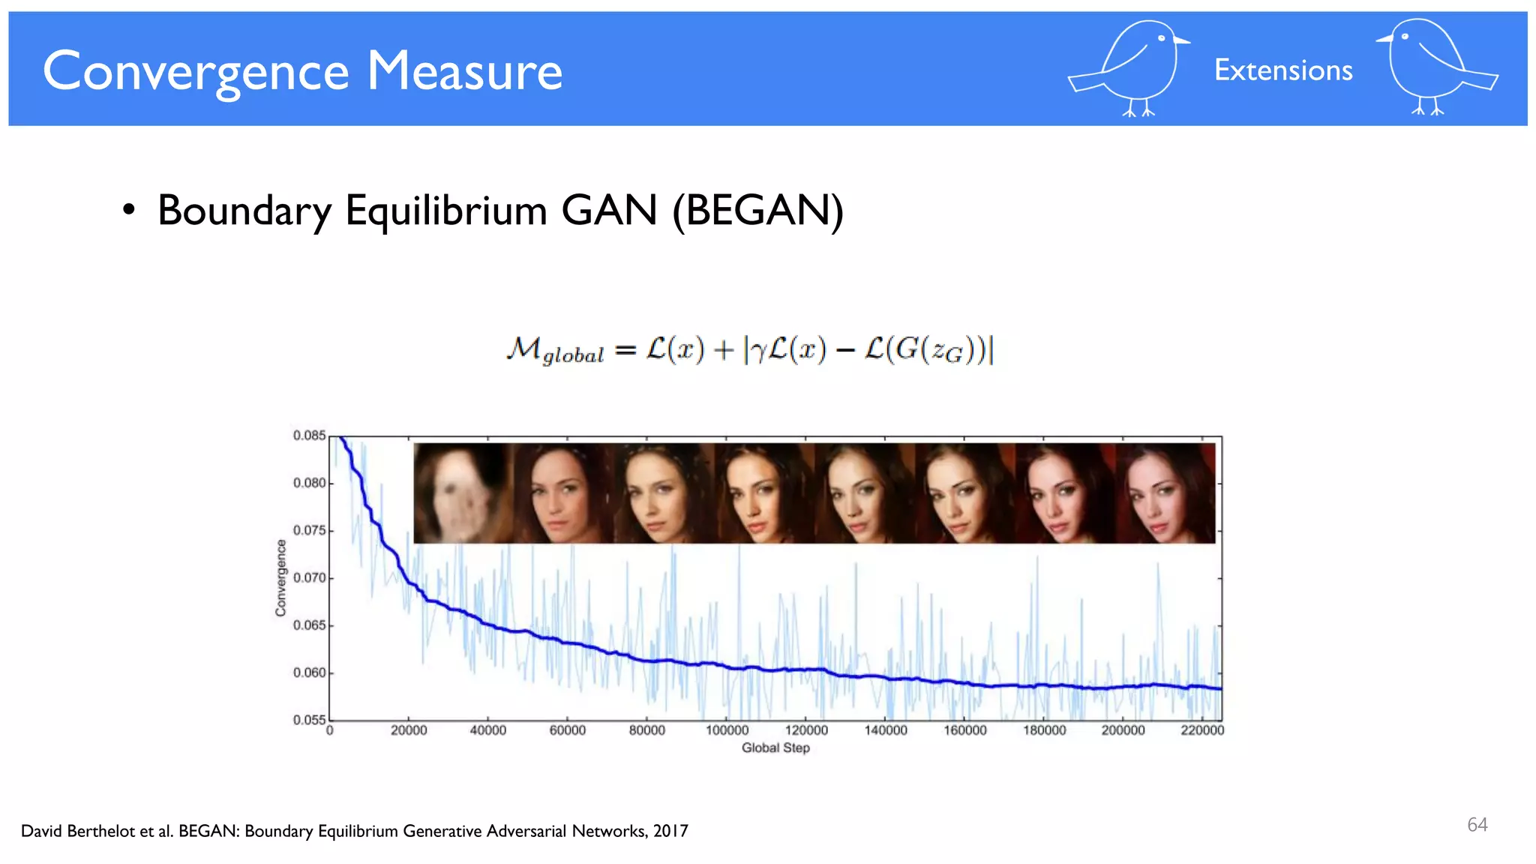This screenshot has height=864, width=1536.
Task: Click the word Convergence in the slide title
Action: (196, 72)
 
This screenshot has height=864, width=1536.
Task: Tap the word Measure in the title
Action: (464, 72)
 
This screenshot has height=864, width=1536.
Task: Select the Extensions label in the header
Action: (1283, 70)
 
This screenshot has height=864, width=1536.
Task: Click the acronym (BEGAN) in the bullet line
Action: (757, 211)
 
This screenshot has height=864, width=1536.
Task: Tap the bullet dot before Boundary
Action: (129, 211)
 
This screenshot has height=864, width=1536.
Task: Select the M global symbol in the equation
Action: (554, 350)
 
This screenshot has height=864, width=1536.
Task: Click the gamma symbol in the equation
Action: (758, 350)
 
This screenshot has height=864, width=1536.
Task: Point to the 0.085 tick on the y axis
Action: (309, 436)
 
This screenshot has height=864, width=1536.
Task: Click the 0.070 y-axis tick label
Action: (309, 578)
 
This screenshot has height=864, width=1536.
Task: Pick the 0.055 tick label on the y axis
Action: (309, 720)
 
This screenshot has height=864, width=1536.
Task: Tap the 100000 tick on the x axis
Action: (727, 730)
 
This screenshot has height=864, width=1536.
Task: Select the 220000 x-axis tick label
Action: (1201, 730)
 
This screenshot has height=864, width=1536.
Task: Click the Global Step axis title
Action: (775, 748)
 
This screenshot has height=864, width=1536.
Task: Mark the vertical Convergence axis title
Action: (281, 578)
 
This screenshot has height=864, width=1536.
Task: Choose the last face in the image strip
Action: (1165, 493)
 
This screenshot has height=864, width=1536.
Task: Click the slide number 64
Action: (1477, 825)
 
